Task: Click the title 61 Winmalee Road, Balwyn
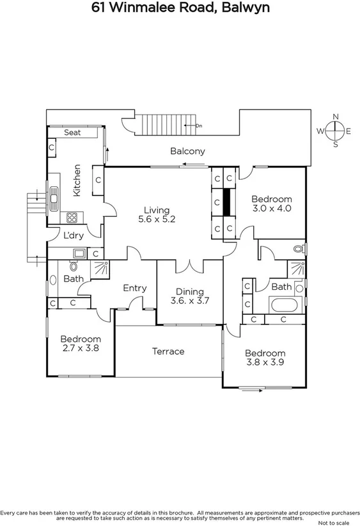click(x=180, y=8)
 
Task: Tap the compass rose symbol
click(x=335, y=131)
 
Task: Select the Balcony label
click(x=187, y=151)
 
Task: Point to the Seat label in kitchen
click(x=72, y=132)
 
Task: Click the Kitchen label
click(x=77, y=180)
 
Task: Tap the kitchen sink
click(x=54, y=198)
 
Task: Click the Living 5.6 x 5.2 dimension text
click(x=156, y=214)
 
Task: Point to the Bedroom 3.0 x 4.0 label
click(x=271, y=203)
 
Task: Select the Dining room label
click(x=190, y=296)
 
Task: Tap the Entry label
click(x=134, y=288)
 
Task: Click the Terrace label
click(x=168, y=351)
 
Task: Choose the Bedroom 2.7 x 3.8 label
click(x=81, y=344)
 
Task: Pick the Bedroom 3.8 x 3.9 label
click(x=265, y=358)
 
